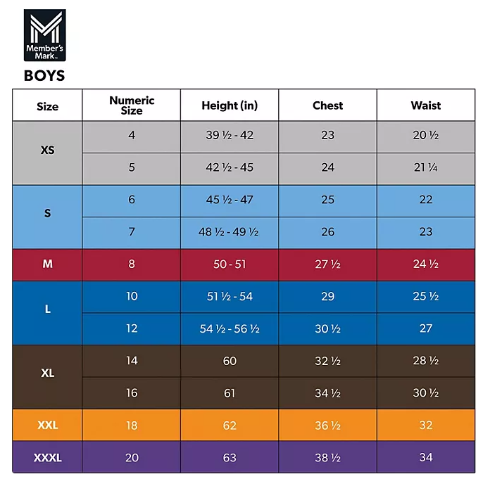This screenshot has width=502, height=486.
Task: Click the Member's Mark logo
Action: pos(44,36)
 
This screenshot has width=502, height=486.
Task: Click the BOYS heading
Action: pos(44,75)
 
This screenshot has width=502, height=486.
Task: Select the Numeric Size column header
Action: pos(131,105)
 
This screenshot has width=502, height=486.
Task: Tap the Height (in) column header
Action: pos(230,105)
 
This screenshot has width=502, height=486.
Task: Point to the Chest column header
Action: pos(327,105)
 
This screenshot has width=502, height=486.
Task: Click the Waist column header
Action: pos(425,105)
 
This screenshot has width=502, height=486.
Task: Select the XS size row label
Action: pos(47,151)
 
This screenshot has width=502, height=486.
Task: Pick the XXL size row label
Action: pos(47,426)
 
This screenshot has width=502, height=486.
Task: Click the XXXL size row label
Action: pos(47,458)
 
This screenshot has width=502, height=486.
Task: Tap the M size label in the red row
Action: pos(47,264)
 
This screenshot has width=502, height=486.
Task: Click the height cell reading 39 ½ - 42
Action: pos(230,135)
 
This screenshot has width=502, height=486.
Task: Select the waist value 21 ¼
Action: pos(425,167)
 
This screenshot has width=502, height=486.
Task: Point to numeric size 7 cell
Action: pos(131,231)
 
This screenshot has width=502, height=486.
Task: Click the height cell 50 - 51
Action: pos(230,264)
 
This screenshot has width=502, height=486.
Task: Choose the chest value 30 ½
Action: pos(327,328)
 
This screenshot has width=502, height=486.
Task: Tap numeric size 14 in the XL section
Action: pos(131,361)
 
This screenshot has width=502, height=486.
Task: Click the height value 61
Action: pos(230,393)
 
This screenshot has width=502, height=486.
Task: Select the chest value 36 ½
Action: pos(327,426)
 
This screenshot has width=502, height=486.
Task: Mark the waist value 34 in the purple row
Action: pos(425,458)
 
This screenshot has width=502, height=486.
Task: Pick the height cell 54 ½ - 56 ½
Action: pos(230,328)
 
